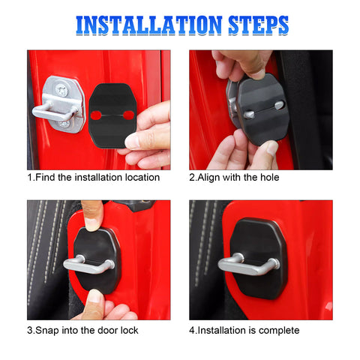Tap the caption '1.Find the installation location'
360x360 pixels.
[94, 178]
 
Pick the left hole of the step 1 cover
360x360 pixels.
[97, 114]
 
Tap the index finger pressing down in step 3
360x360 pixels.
[92, 214]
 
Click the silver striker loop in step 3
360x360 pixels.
[86, 265]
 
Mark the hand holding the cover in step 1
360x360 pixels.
[150, 135]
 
